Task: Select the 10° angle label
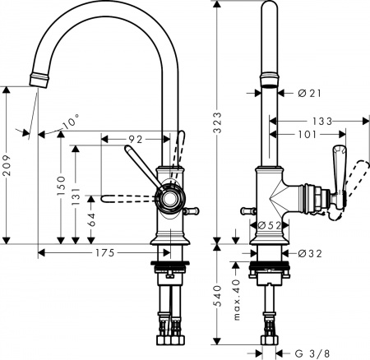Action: tap(72, 122)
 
